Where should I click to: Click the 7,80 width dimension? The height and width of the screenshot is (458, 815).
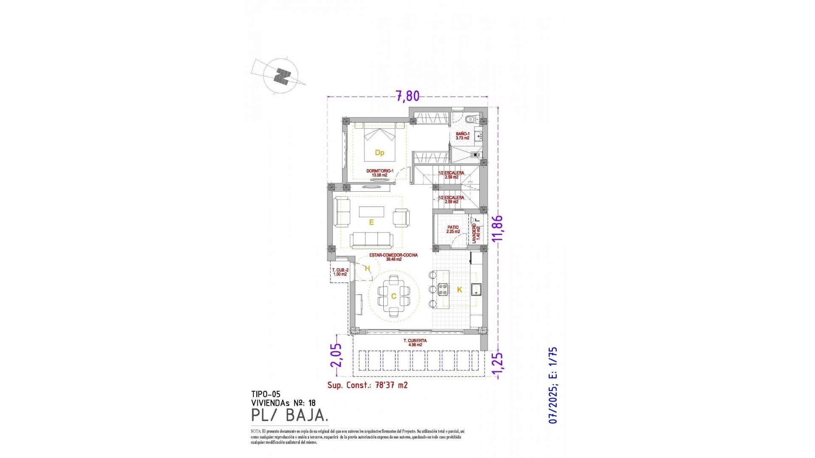click(x=407, y=96)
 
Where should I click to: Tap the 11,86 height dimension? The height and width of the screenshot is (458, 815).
click(x=497, y=228)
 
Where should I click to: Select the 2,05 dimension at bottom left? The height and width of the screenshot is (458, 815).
click(x=336, y=355)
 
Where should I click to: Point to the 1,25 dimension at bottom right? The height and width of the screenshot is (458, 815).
click(x=497, y=364)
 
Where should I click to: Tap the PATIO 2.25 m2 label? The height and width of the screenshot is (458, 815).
click(x=453, y=229)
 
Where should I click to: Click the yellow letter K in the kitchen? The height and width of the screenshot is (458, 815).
click(x=459, y=290)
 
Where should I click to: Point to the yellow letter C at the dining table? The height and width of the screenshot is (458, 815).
click(x=393, y=296)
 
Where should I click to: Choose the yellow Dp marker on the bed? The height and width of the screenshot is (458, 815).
click(x=379, y=153)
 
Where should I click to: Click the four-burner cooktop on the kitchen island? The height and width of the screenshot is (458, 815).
click(x=443, y=289)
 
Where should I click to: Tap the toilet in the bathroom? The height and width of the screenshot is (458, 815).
click(x=470, y=120)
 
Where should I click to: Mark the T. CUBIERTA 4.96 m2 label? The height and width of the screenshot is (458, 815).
click(x=415, y=343)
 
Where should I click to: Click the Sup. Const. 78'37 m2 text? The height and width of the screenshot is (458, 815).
click(x=367, y=385)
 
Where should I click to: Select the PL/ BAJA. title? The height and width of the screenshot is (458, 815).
click(x=289, y=415)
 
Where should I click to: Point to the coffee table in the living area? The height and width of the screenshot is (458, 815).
click(x=371, y=212)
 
